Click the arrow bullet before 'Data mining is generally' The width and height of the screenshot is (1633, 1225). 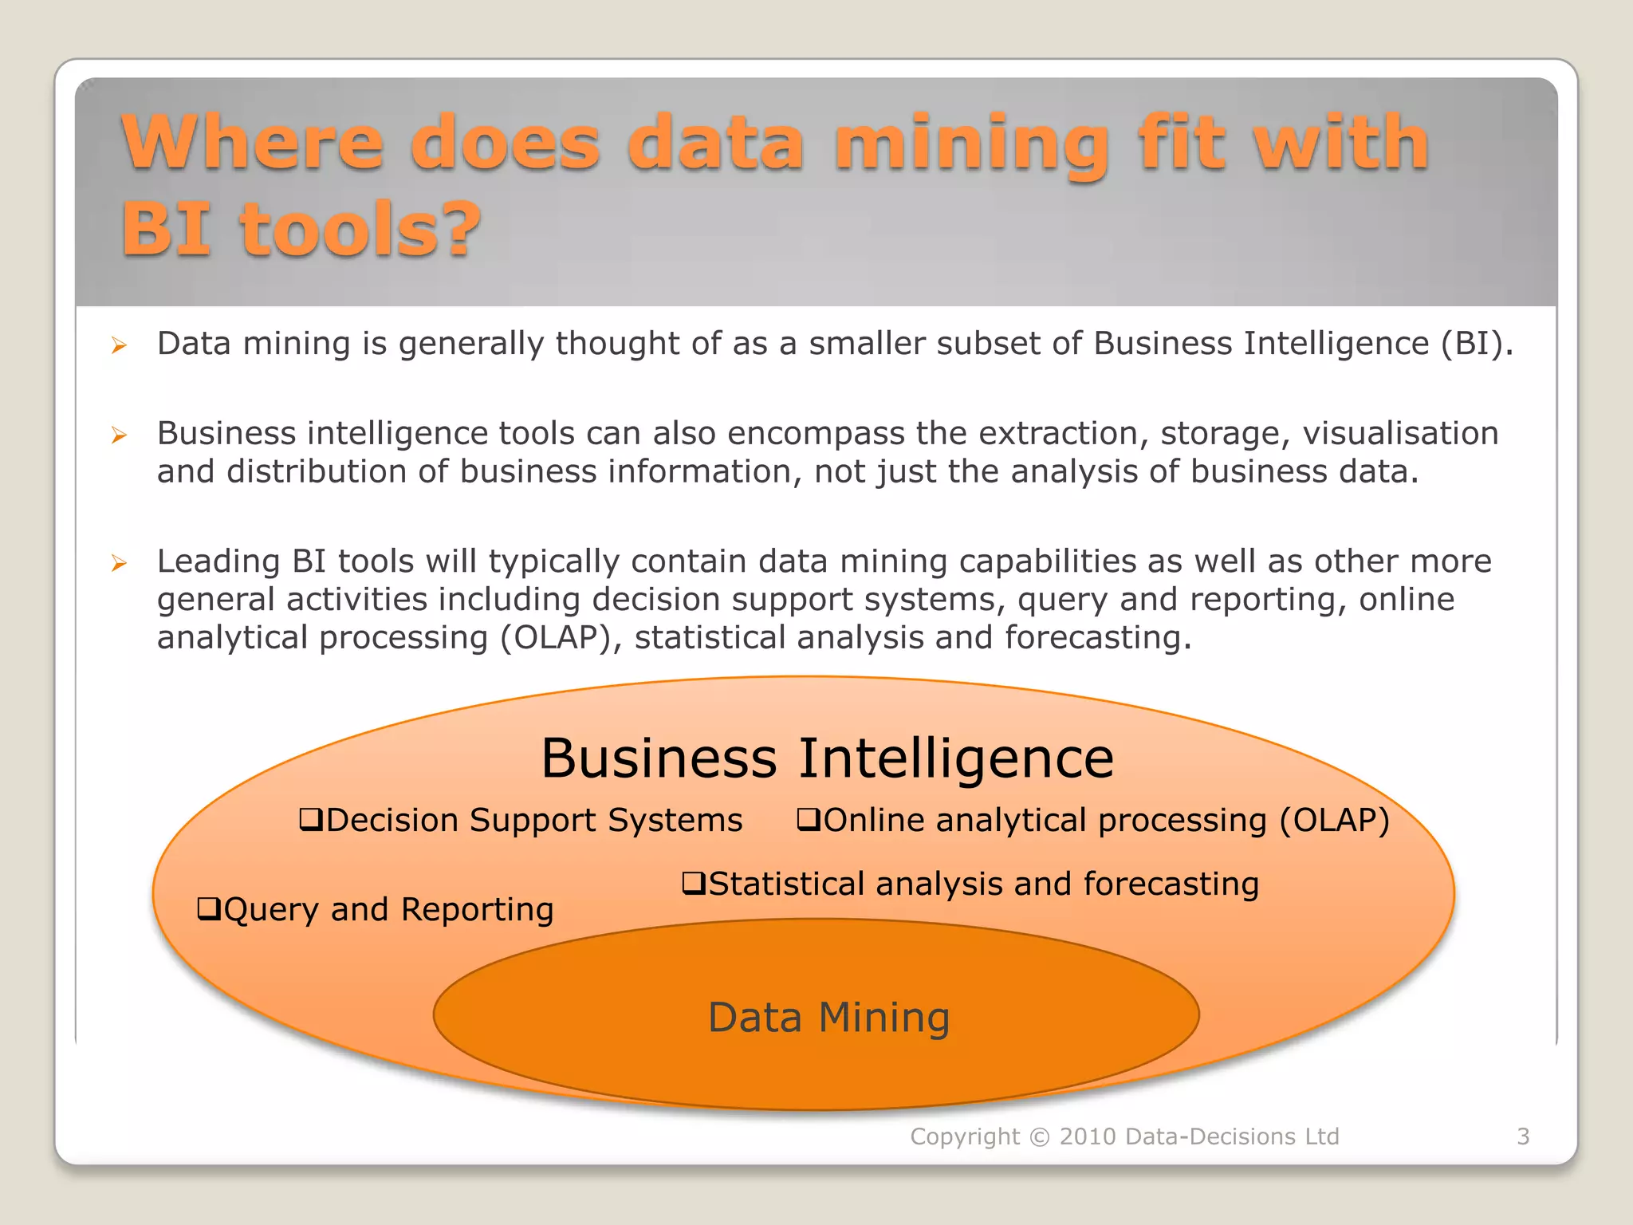pos(119,345)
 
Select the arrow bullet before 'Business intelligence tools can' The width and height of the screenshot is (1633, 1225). pos(119,435)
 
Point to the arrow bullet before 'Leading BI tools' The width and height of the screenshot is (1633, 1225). pos(119,563)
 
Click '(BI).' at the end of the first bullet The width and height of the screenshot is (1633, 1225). pos(1477,344)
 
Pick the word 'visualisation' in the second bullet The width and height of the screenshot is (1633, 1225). pos(1401,433)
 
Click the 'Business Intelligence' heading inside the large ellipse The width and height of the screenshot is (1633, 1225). pos(827,758)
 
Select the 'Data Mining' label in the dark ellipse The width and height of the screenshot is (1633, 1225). pos(828,1018)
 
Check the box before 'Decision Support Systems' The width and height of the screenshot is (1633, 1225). pos(310,819)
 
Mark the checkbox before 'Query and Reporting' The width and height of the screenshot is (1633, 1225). pos(208,908)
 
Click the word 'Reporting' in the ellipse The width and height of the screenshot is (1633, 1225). pos(477,909)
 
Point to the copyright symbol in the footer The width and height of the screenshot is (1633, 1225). pos(1040,1136)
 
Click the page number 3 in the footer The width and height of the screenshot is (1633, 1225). pos(1523,1136)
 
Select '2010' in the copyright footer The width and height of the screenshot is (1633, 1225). pos(1088,1136)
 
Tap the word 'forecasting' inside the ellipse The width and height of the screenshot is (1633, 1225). pos(1171,884)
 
